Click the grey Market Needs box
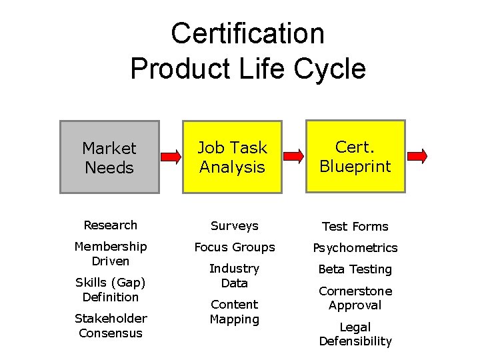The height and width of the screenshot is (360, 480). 109,157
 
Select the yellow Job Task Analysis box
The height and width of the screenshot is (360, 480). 233,157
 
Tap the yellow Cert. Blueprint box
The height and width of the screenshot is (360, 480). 355,157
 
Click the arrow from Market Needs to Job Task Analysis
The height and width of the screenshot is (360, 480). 171,158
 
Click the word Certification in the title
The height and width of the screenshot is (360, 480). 247,34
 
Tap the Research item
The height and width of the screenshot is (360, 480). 110,225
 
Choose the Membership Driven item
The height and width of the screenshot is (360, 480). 110,254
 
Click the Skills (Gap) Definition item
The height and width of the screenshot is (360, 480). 110,290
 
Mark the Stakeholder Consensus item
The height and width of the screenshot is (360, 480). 110,325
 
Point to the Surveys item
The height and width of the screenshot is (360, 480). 234,226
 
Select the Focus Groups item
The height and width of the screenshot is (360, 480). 234,247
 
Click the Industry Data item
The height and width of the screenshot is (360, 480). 234,275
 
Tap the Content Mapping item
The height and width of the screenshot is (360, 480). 234,311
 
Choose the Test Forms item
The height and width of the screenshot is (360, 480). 355,227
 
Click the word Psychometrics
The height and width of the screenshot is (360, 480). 355,248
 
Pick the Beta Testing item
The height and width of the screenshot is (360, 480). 355,269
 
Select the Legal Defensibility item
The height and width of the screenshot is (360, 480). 355,334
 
